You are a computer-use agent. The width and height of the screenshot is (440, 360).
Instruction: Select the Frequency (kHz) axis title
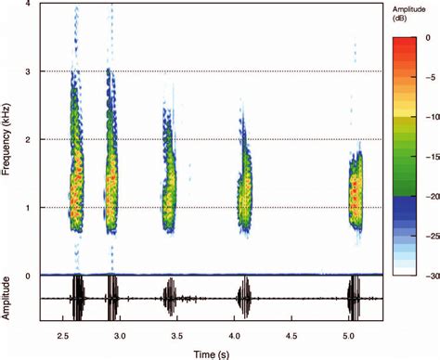click(x=8, y=139)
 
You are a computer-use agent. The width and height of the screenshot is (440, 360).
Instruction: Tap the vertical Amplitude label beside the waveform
click(x=8, y=299)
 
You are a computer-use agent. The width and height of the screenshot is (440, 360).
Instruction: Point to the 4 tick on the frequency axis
click(x=30, y=5)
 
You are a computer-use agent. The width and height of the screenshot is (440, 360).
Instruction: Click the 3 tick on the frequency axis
click(x=30, y=71)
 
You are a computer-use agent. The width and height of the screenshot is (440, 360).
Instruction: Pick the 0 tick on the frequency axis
click(x=30, y=276)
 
